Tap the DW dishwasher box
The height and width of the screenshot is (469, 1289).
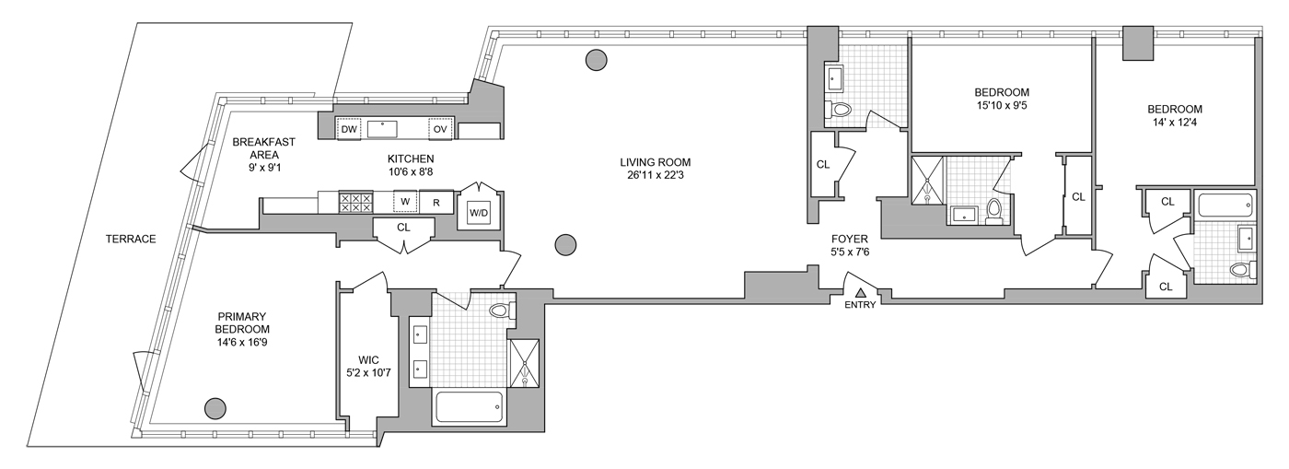pyautogui.click(x=348, y=129)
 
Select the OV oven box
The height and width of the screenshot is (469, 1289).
pyautogui.click(x=440, y=129)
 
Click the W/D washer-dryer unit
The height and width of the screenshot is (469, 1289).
pyautogui.click(x=479, y=214)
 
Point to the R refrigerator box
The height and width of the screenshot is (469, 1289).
pyautogui.click(x=436, y=202)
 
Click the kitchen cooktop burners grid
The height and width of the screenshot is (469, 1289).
pyautogui.click(x=355, y=202)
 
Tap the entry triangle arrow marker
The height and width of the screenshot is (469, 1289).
pyautogui.click(x=861, y=292)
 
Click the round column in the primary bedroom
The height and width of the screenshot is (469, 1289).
pyautogui.click(x=215, y=406)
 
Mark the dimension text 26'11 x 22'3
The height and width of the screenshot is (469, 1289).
pyautogui.click(x=655, y=178)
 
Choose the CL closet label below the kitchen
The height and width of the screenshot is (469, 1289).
pyautogui.click(x=403, y=227)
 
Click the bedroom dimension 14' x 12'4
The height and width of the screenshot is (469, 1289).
pyautogui.click(x=1176, y=123)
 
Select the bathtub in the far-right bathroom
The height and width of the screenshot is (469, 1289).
pyautogui.click(x=1224, y=204)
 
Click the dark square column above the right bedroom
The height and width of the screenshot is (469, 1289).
pyautogui.click(x=1138, y=42)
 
